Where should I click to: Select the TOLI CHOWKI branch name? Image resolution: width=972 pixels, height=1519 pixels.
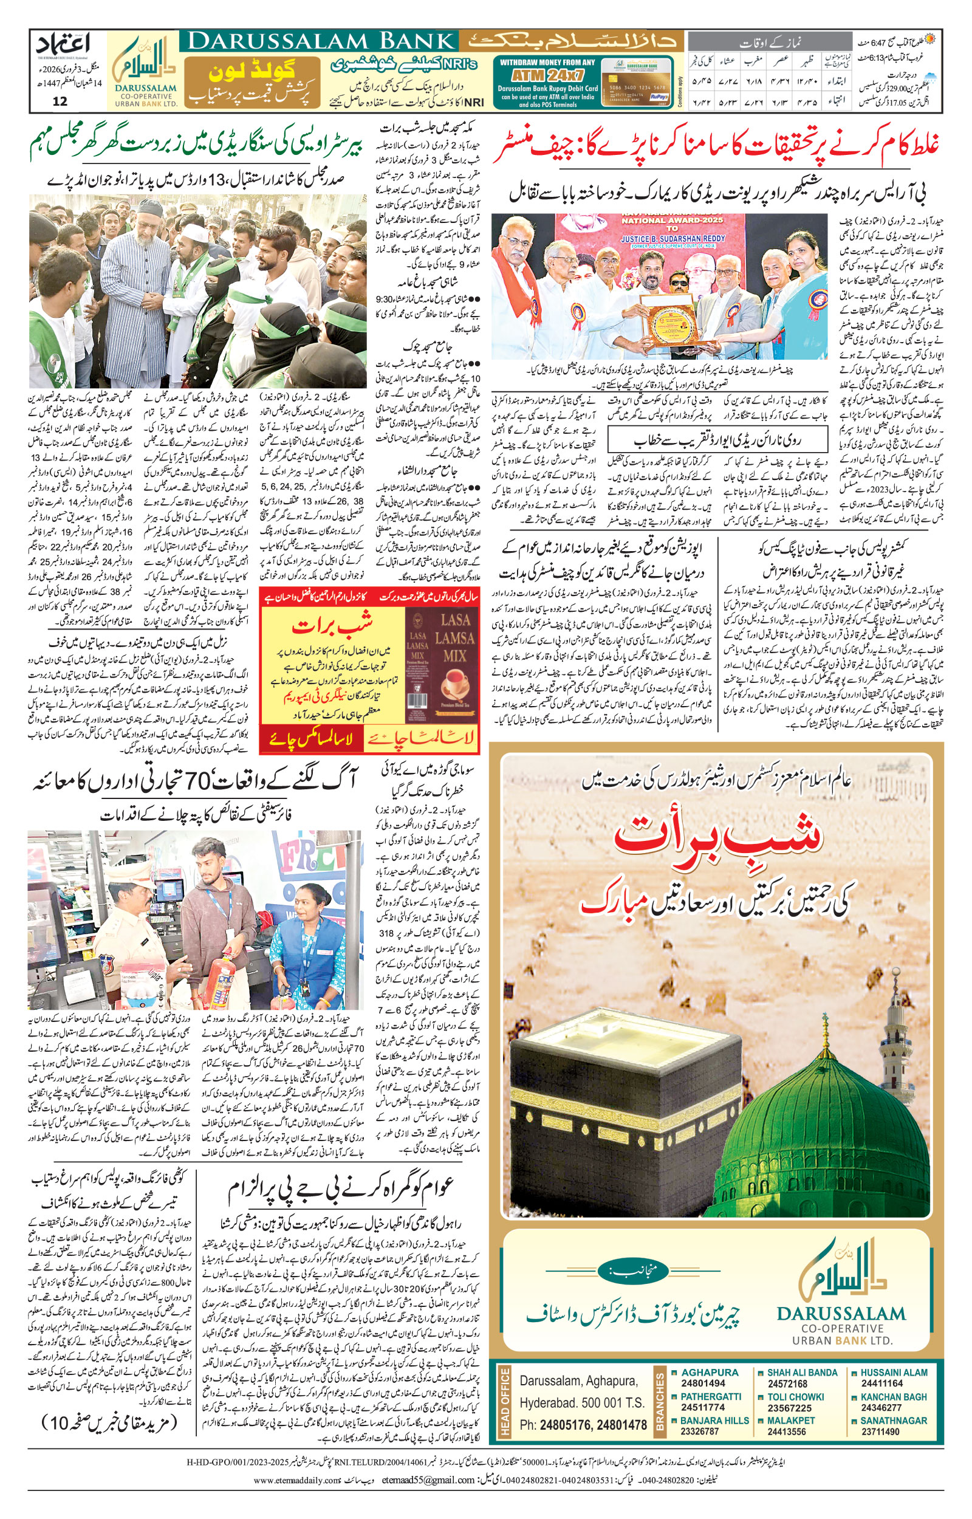click(x=795, y=1397)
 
